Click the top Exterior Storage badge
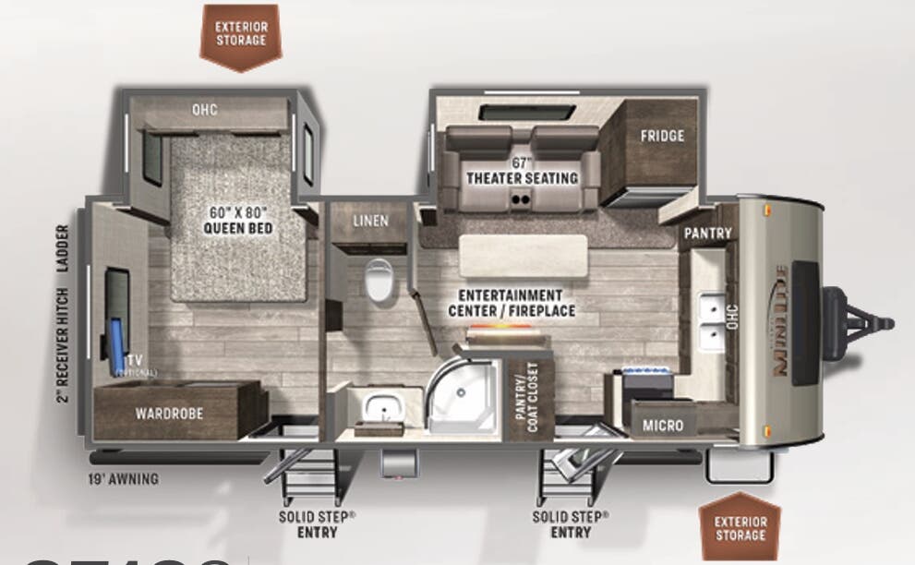(240, 34)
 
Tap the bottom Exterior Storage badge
(740, 528)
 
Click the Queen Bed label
(238, 221)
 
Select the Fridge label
(662, 136)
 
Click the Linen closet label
(370, 222)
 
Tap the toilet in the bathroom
(379, 280)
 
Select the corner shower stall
(464, 399)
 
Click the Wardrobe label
(169, 414)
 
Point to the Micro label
(664, 426)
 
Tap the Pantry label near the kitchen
(707, 234)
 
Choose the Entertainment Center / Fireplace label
(512, 303)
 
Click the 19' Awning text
(124, 478)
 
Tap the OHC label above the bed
(204, 110)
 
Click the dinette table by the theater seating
(524, 255)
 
